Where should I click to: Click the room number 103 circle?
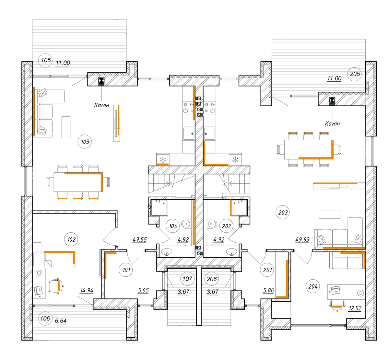(x=85, y=142)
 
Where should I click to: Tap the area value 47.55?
(x=139, y=239)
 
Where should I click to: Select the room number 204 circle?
(x=313, y=286)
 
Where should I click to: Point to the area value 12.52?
(x=355, y=308)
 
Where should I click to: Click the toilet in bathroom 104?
(x=186, y=224)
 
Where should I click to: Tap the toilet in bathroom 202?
(x=212, y=224)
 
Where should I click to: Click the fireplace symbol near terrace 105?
(x=101, y=81)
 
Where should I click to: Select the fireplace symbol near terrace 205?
(x=332, y=100)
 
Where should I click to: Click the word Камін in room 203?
(x=332, y=123)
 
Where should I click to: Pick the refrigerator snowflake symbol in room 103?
(x=163, y=160)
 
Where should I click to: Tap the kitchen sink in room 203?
(x=209, y=134)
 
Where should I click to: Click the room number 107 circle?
(x=187, y=279)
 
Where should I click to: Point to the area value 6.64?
(x=61, y=321)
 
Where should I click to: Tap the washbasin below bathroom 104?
(x=167, y=251)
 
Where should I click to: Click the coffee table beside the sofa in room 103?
(x=66, y=127)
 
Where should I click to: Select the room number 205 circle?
(x=355, y=74)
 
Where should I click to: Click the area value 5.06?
(x=268, y=290)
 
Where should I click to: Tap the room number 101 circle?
(x=126, y=270)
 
